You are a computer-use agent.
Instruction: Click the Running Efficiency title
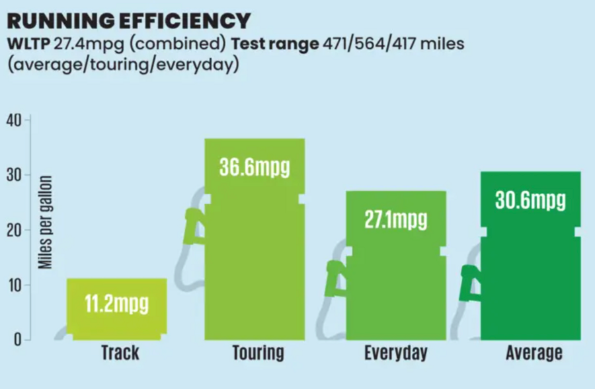point(129,21)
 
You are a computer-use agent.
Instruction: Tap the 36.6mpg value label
point(255,167)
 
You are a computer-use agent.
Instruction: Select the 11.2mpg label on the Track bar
point(116,304)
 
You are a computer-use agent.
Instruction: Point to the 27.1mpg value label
point(396,220)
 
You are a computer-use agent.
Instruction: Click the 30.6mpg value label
point(530,200)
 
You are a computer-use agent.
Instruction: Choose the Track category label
point(120,353)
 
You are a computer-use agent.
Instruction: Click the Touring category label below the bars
point(258,353)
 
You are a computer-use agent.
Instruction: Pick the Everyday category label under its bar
point(396,353)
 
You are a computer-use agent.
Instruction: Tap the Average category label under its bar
point(534,353)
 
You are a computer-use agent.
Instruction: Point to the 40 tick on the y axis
point(14,121)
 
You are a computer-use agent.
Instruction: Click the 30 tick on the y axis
point(14,175)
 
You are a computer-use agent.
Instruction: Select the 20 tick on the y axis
point(14,230)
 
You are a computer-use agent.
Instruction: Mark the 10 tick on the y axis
point(14,285)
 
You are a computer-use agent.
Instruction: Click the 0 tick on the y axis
point(17,339)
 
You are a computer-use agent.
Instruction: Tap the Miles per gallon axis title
point(45,223)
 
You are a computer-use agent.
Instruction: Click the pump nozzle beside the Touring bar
point(194,226)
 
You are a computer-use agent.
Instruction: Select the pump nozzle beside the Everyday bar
point(335,279)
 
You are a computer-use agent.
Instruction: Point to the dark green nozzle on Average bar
point(470,283)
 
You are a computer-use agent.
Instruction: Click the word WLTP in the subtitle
point(28,44)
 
